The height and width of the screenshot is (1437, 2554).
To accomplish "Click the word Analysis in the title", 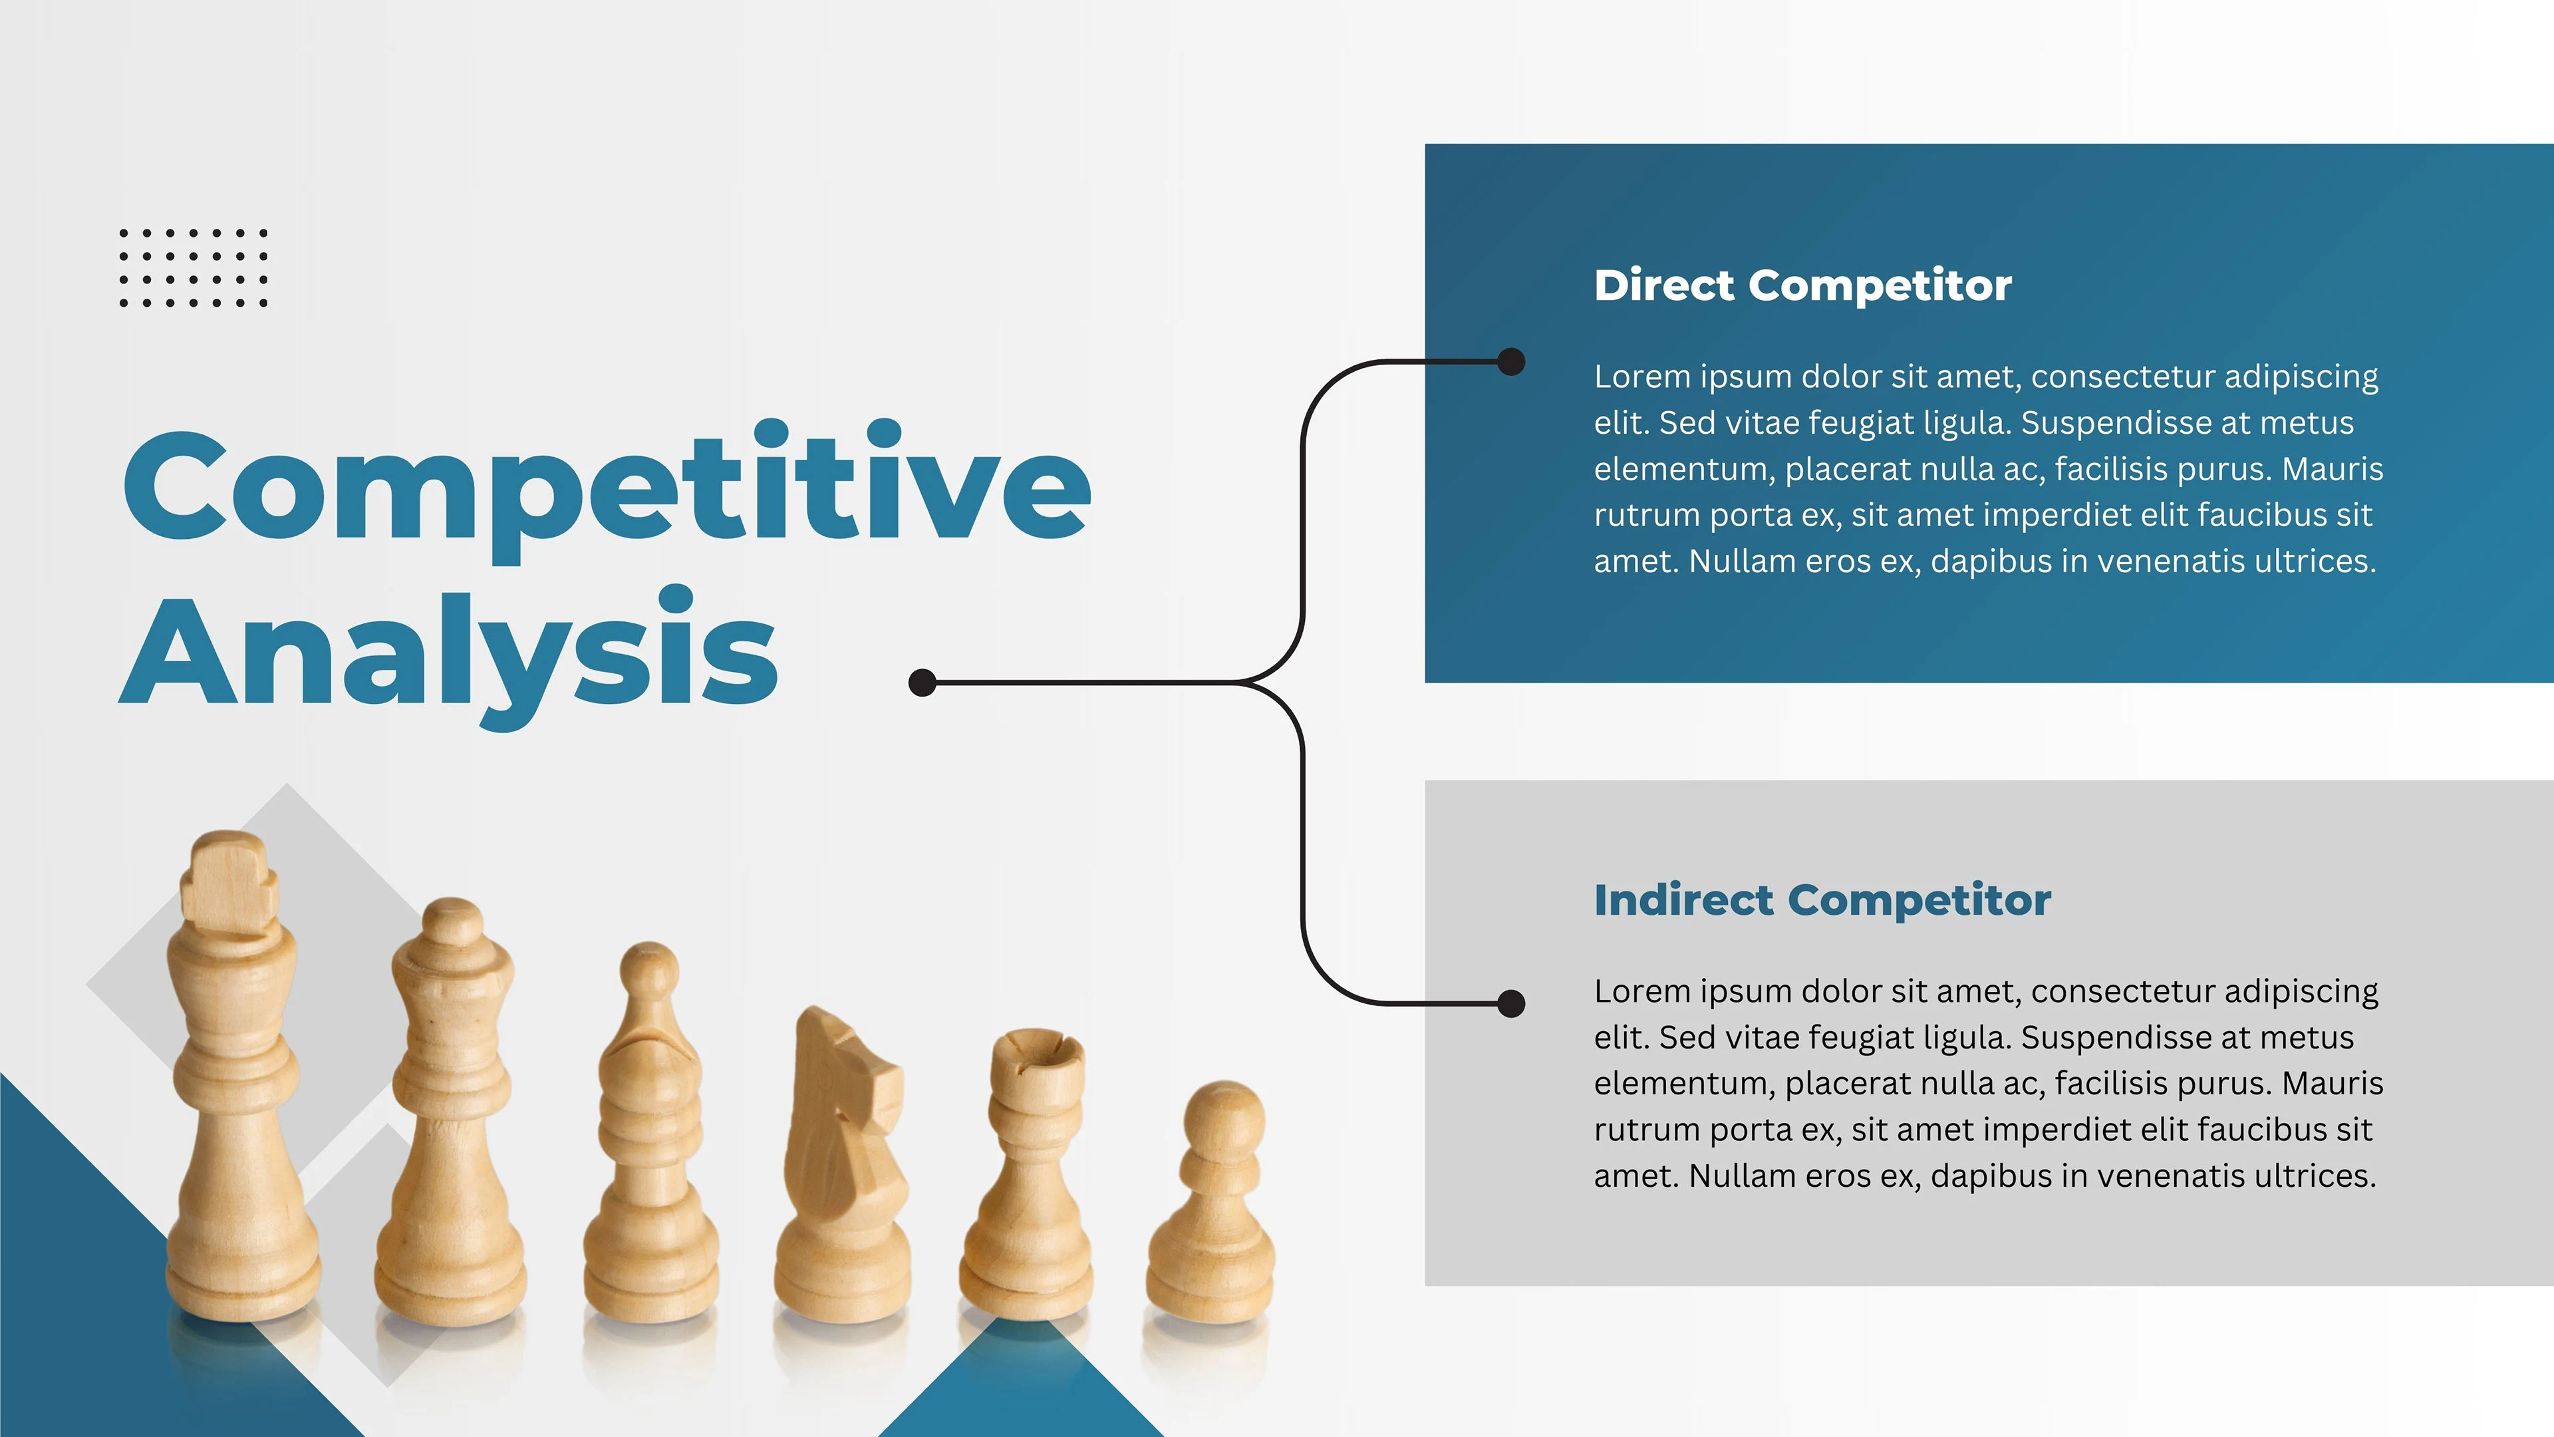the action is pyautogui.click(x=448, y=657).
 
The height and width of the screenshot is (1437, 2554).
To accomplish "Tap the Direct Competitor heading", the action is pyautogui.click(x=1802, y=285).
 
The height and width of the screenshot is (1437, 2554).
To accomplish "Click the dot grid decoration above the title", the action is pyautogui.click(x=194, y=267).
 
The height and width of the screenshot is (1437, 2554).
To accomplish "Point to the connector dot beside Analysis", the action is pyautogui.click(x=922, y=683).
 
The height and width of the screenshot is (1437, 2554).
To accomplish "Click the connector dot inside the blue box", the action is pyautogui.click(x=1510, y=362).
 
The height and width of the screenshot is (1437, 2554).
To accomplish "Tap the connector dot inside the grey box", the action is pyautogui.click(x=1510, y=1004).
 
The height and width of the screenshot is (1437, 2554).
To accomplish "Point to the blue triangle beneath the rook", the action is pyautogui.click(x=1021, y=1388).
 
